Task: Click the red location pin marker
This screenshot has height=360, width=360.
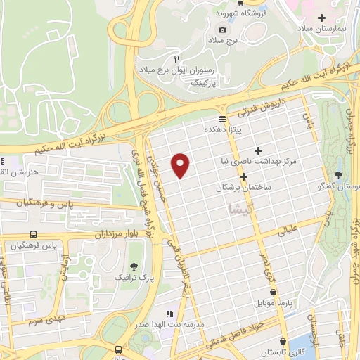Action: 181,165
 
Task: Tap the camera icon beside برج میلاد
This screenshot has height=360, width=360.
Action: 223,30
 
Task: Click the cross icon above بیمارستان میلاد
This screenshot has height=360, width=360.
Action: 322,17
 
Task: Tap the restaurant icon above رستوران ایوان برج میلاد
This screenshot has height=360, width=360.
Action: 177,59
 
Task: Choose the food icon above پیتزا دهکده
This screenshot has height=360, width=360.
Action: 222,118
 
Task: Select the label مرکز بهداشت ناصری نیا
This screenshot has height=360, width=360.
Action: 258,162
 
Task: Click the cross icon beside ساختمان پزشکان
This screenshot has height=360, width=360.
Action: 243,176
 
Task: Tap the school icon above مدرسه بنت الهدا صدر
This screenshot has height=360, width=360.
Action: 169,314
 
